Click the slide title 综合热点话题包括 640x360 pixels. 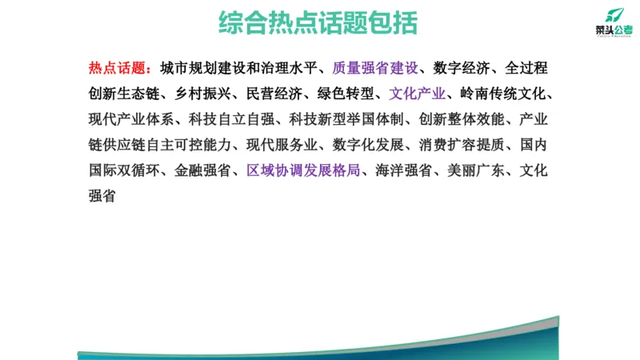[318, 23]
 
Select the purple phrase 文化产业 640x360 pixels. [418, 94]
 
